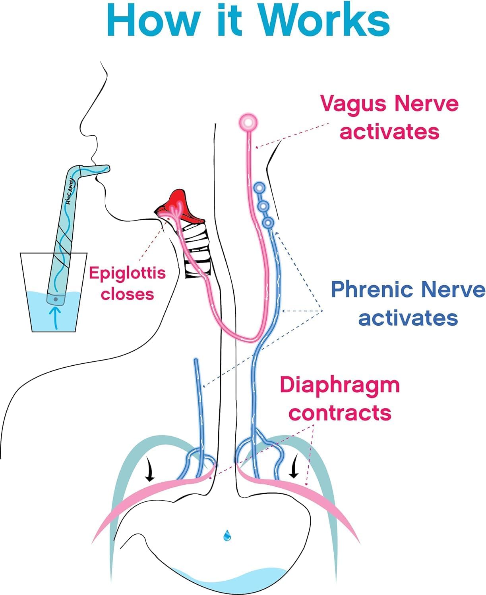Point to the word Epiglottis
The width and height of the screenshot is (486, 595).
pos(127,273)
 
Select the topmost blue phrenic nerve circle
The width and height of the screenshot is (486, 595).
pos(259,187)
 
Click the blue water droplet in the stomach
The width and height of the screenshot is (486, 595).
pos(227,535)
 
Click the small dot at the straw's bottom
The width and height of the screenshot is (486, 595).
pos(56,299)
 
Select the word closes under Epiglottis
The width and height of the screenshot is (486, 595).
pos(127,294)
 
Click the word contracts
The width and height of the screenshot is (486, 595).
pos(340,413)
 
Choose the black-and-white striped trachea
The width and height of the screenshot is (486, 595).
pos(197,250)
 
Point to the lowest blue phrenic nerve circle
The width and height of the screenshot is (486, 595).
pos(268,223)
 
